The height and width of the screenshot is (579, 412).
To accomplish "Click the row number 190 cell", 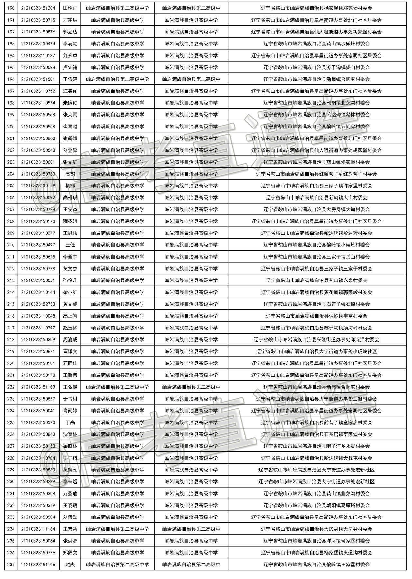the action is pyautogui.click(x=11, y=8).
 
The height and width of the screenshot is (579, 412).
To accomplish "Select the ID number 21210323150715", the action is pyautogui.click(x=38, y=20).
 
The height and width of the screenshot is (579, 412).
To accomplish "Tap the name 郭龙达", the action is pyautogui.click(x=70, y=32).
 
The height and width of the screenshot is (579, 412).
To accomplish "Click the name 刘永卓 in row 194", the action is pyautogui.click(x=70, y=55).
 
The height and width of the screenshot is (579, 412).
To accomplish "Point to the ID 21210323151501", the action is pyautogui.click(x=38, y=79).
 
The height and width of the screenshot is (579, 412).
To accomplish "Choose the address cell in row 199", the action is pyautogui.click(x=316, y=115).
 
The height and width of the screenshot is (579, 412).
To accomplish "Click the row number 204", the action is pyautogui.click(x=11, y=174).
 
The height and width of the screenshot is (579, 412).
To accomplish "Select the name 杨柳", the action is pyautogui.click(x=70, y=186).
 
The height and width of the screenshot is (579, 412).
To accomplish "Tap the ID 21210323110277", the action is pyautogui.click(x=38, y=233).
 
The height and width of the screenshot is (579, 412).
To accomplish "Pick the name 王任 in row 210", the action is pyautogui.click(x=70, y=245).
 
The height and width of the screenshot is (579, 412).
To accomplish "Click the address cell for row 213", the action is pyautogui.click(x=316, y=280).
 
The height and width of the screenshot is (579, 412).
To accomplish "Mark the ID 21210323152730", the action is pyautogui.click(x=38, y=304).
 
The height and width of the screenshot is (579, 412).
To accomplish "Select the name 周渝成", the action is pyautogui.click(x=70, y=340).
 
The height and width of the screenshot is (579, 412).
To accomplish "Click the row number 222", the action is pyautogui.click(x=11, y=387).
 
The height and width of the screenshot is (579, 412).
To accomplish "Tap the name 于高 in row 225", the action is pyautogui.click(x=70, y=422).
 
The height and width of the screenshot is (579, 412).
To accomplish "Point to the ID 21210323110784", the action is pyautogui.click(x=38, y=458).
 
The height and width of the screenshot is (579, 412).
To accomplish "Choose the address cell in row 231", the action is pyautogui.click(x=316, y=494).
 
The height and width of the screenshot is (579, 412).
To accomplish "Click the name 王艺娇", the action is pyautogui.click(x=70, y=529).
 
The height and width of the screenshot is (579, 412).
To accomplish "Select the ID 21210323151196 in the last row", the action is pyautogui.click(x=38, y=565).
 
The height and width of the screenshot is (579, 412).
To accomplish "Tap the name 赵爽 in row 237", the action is pyautogui.click(x=70, y=565).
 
